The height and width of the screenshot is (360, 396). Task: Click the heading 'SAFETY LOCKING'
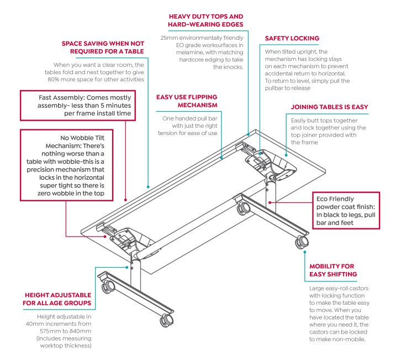click(292, 38)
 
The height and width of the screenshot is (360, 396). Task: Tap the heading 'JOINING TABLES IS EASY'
click(329, 107)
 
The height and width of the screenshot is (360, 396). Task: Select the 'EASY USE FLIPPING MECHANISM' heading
click(187, 101)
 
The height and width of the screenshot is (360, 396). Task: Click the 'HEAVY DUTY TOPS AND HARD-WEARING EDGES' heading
click(205, 21)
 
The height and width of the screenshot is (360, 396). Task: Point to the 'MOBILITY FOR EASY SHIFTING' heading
click(333, 270)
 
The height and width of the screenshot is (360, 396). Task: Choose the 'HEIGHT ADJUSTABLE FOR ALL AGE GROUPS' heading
click(57, 299)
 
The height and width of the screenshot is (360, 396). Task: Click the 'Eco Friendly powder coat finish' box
click(346, 210)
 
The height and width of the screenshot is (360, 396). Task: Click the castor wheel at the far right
click(302, 242)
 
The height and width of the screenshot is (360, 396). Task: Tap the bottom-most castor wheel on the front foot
click(165, 320)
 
